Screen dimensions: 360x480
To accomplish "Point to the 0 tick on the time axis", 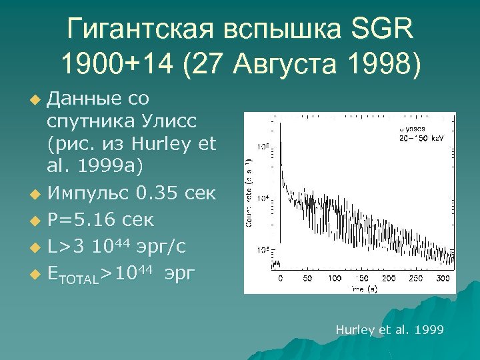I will [280, 277].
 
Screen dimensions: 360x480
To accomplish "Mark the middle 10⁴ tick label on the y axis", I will [264, 199].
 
